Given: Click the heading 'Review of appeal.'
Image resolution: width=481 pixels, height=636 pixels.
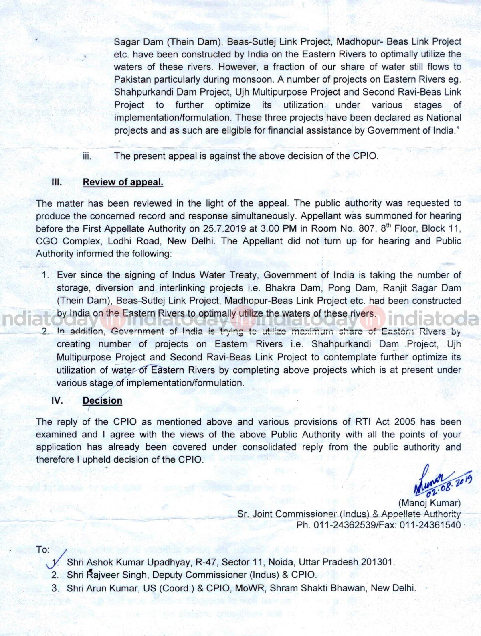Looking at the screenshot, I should click(x=123, y=182).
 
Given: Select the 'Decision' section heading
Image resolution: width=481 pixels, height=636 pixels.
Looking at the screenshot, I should click(x=102, y=400).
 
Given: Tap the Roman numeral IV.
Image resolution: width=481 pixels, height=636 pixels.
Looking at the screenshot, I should click(x=57, y=400).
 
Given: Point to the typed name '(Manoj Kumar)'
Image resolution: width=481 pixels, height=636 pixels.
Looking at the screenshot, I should click(x=429, y=503).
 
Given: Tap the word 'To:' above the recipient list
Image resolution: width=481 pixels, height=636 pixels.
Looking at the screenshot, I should click(x=42, y=549).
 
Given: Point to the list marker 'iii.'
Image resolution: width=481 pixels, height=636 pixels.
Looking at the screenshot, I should click(x=87, y=156).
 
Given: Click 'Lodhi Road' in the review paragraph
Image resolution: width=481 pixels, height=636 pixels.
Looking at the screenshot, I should click(x=132, y=241).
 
